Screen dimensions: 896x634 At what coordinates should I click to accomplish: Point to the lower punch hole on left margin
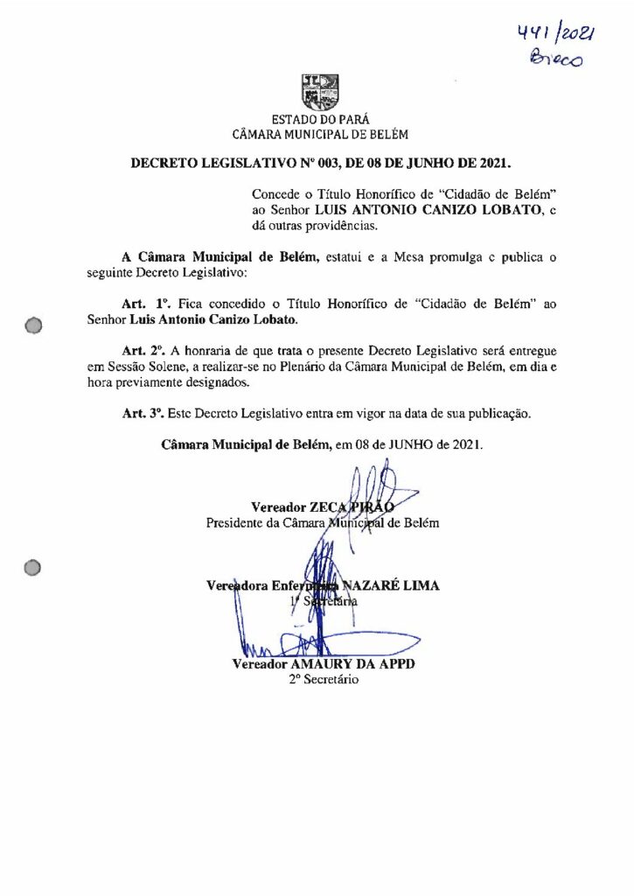click(x=34, y=568)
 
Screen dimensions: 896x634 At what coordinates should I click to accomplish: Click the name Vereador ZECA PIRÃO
click(x=322, y=507)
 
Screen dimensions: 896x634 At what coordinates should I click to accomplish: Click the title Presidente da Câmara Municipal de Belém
click(x=322, y=523)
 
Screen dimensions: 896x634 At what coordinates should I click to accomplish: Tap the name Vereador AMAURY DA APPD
click(x=323, y=663)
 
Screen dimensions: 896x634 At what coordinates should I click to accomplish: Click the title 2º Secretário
click(x=323, y=680)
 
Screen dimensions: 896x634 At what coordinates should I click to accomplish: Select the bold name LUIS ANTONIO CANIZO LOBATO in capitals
click(x=442, y=211)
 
